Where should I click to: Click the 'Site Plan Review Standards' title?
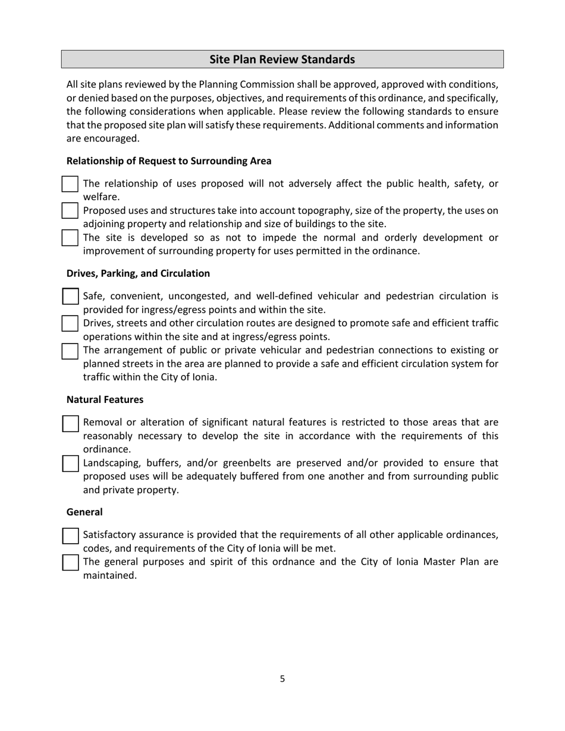(x=282, y=59)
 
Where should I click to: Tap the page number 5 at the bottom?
(x=282, y=679)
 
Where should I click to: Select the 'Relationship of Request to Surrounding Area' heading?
(x=169, y=161)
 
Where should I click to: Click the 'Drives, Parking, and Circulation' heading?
(x=138, y=273)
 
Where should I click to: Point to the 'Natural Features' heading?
(x=105, y=399)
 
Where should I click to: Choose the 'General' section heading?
(x=84, y=512)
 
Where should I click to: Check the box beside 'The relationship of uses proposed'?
(x=70, y=184)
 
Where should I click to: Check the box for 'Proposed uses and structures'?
(x=70, y=211)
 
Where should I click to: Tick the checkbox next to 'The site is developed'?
(x=70, y=238)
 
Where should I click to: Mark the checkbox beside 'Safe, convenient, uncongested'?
(x=70, y=297)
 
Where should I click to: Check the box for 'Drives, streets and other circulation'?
(x=70, y=323)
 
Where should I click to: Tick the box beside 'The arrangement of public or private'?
(x=70, y=351)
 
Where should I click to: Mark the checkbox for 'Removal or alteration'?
(x=70, y=423)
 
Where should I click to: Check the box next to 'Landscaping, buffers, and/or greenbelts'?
(x=70, y=464)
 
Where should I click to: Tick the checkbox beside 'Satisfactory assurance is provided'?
(x=70, y=535)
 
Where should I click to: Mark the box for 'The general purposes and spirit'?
(x=70, y=562)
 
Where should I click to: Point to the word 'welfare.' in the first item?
(x=101, y=197)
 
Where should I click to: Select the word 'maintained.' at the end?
(x=110, y=576)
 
